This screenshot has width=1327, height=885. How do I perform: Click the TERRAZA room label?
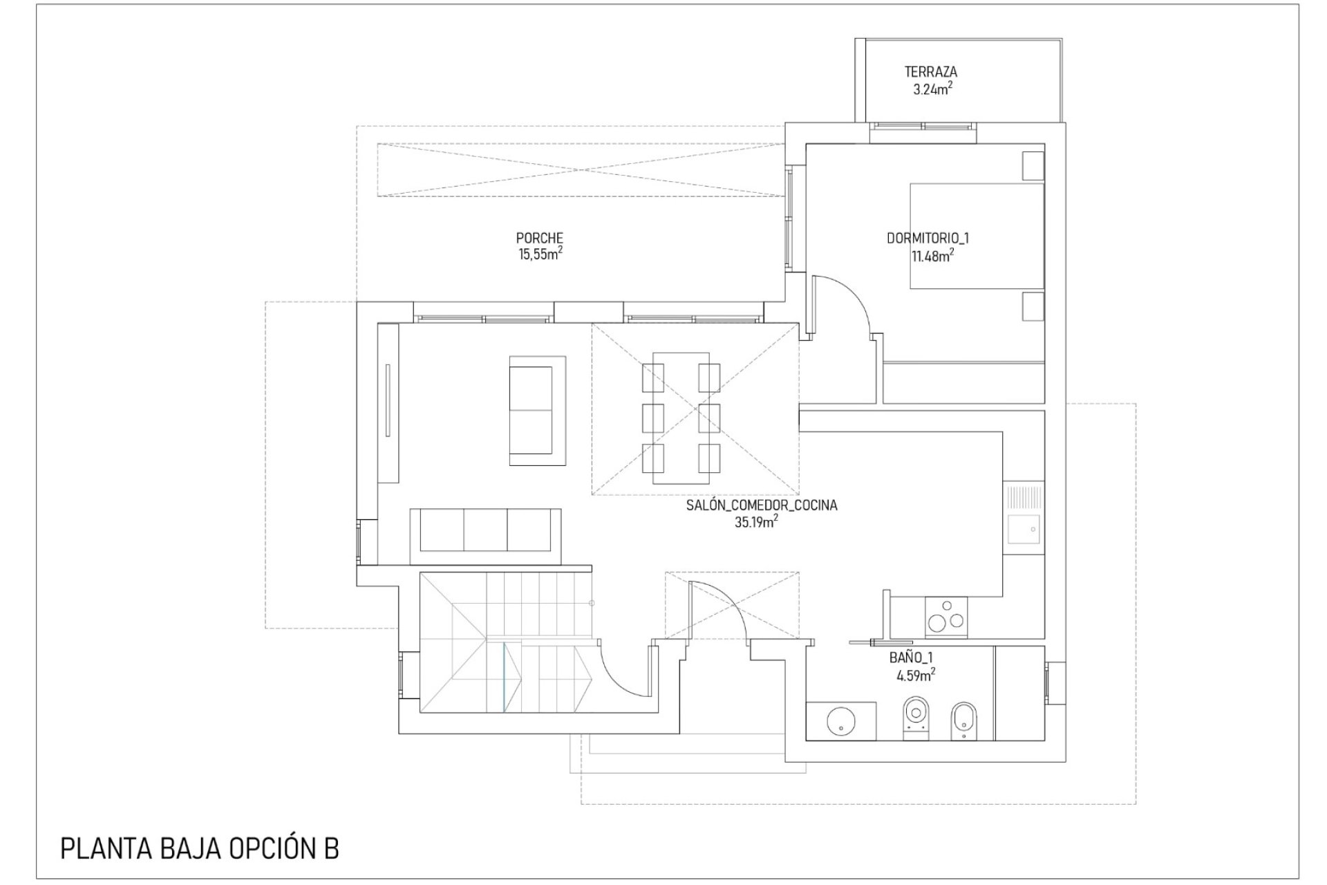931,71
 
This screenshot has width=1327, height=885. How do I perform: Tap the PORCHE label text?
540,239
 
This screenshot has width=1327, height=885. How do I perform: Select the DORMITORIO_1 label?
928,239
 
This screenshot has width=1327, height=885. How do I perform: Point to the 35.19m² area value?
755,522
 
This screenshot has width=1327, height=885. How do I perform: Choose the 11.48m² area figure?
932,256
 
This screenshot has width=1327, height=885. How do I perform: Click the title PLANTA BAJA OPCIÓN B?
200,849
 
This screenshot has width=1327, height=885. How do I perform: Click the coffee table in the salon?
538,411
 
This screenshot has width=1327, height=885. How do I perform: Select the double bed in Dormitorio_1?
976,236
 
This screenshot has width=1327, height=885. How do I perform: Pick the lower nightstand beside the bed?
1033,306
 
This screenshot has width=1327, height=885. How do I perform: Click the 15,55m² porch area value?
540,254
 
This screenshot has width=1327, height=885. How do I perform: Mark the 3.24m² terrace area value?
932,88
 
